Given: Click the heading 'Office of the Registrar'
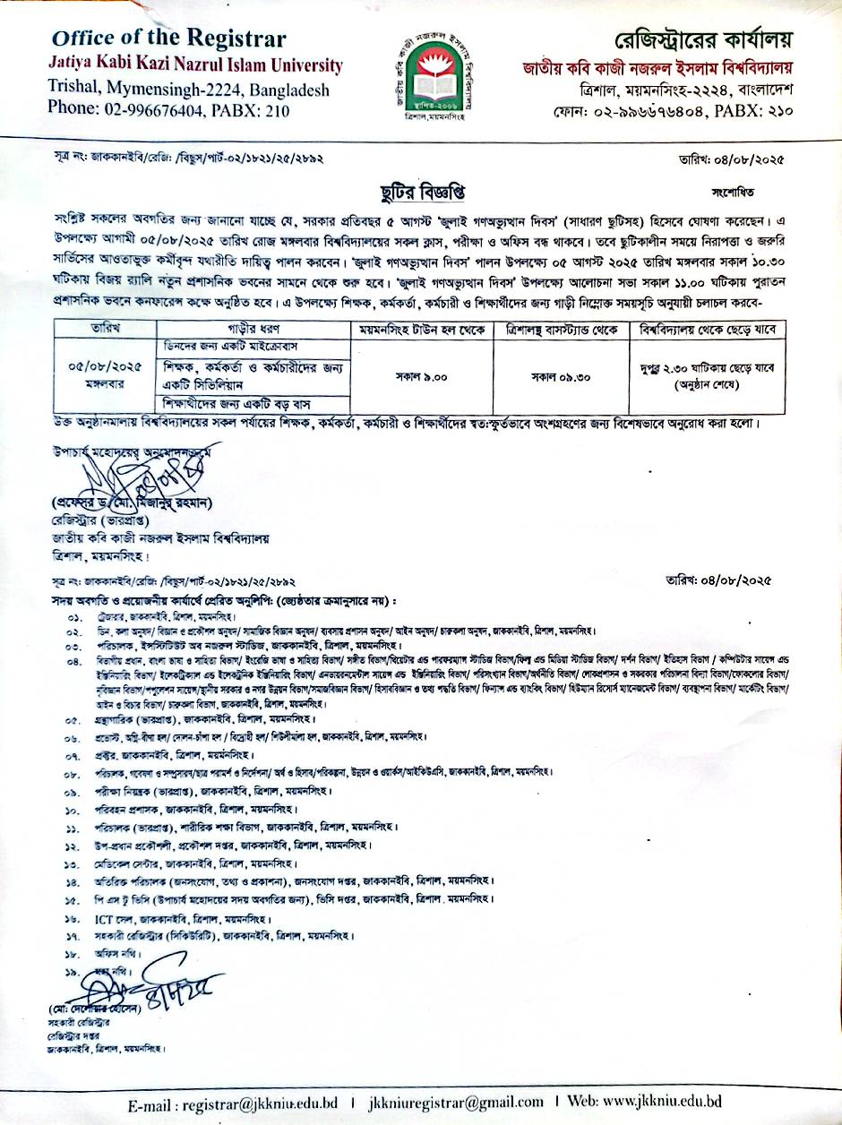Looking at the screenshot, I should (x=169, y=39).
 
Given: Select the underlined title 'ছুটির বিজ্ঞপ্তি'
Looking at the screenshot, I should (x=422, y=193).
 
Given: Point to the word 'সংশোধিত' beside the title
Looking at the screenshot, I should (x=734, y=192).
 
